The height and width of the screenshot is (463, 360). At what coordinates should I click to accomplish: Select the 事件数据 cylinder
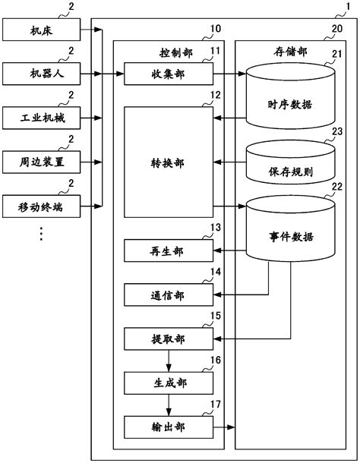pyautogui.click(x=289, y=235)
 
